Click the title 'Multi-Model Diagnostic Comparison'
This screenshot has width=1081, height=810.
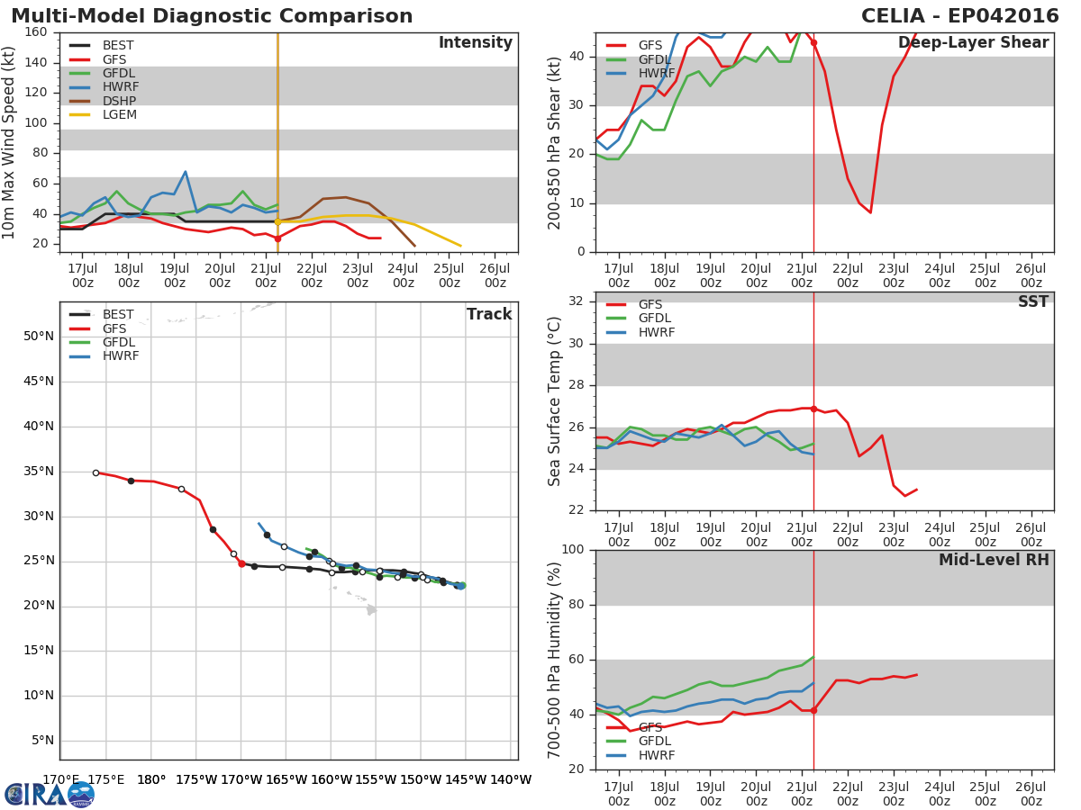tap(212, 17)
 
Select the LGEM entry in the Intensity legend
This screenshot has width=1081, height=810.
tap(119, 115)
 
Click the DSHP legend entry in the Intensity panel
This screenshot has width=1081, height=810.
tap(119, 101)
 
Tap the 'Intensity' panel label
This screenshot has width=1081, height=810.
tap(475, 43)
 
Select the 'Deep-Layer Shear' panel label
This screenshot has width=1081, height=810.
tap(973, 43)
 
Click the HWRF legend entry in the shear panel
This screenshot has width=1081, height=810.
tap(656, 74)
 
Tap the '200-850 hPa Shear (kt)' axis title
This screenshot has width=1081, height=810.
tap(556, 142)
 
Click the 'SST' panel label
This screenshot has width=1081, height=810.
tap(1032, 302)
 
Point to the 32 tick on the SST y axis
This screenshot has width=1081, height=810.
tap(577, 301)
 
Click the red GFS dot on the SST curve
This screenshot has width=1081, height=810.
tap(813, 409)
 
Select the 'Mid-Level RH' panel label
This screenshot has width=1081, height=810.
tap(994, 561)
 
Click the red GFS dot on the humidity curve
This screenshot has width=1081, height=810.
tap(813, 710)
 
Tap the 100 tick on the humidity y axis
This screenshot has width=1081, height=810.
tap(572, 550)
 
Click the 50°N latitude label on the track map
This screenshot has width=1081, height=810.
tap(38, 337)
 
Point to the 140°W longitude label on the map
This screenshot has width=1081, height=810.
tap(511, 780)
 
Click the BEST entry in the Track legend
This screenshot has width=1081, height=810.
tap(118, 315)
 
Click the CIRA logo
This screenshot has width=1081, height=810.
tap(50, 794)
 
